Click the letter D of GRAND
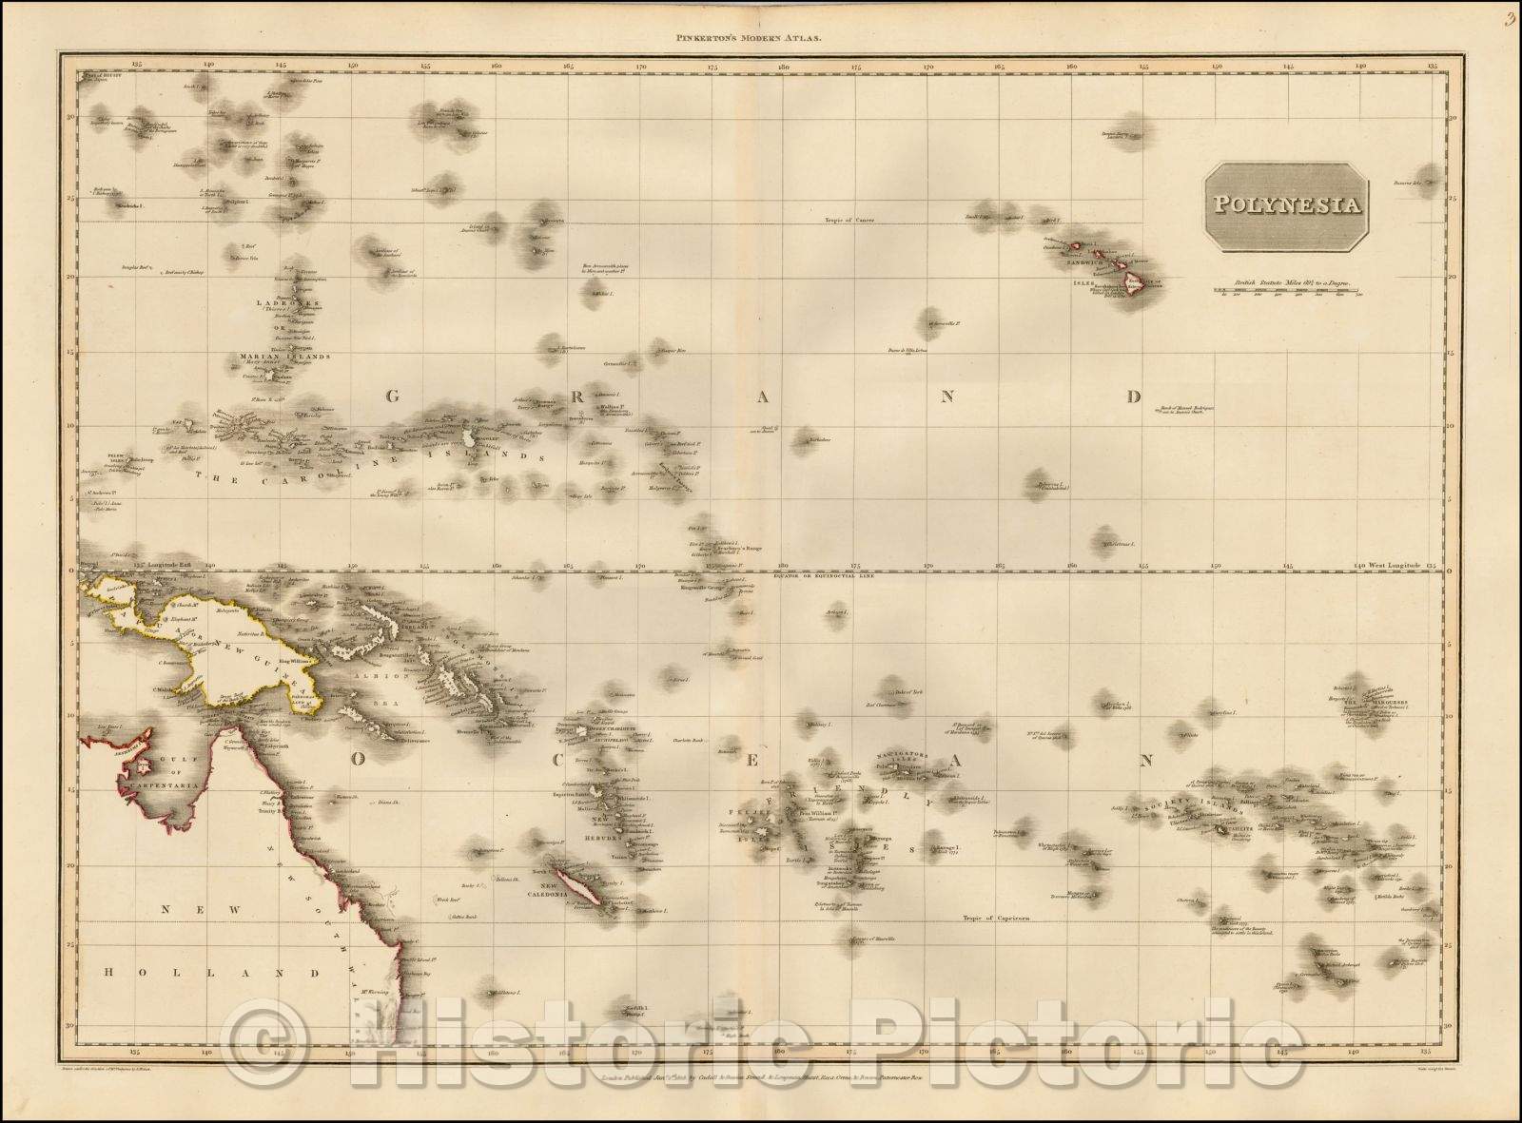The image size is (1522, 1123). [1132, 397]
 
